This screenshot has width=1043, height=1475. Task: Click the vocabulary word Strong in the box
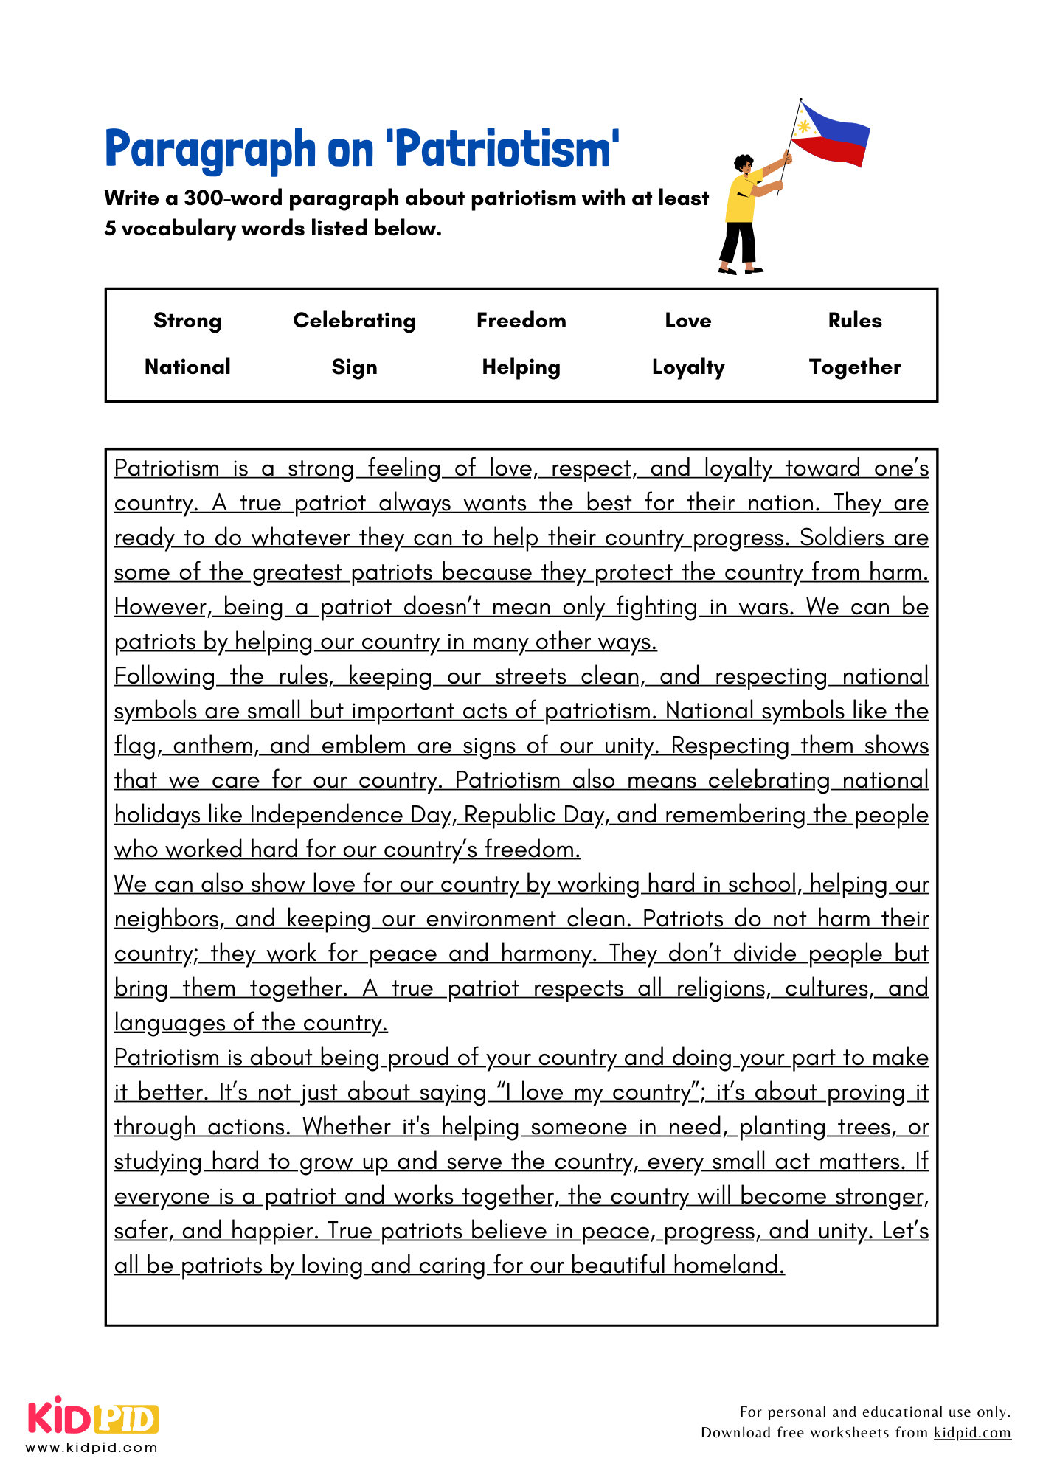187,321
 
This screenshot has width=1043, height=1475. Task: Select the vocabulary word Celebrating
354,321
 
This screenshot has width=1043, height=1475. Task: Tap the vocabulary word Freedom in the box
521,321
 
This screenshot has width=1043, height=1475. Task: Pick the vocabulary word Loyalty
687,367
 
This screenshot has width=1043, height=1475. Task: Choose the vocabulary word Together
854,367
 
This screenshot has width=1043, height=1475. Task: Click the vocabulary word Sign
354,367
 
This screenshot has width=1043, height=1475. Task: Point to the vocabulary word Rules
854,321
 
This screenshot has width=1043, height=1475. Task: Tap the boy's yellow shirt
741,199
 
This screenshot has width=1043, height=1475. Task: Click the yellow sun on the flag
804,127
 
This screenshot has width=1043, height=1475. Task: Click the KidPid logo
93,1418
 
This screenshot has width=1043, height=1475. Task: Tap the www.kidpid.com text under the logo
91,1448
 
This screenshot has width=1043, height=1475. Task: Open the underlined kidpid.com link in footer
971,1432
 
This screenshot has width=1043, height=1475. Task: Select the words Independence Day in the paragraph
350,815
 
